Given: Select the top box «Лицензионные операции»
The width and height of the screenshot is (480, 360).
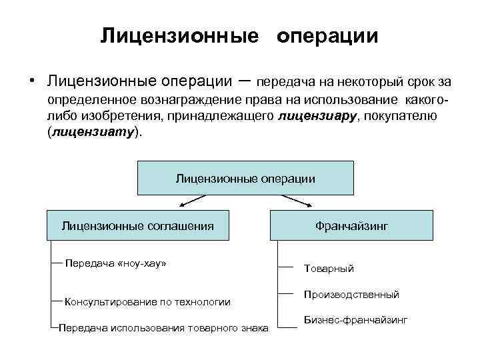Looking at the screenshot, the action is [x=245, y=178].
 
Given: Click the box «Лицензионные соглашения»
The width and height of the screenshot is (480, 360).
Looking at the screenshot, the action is [x=137, y=225].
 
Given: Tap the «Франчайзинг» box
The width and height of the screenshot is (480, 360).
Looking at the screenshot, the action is [x=351, y=225].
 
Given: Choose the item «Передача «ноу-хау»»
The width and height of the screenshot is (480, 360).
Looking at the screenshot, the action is [x=115, y=263].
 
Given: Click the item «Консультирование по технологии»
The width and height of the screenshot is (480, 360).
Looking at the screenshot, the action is [x=147, y=301].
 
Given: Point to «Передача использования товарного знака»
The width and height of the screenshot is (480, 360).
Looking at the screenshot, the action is [x=163, y=327].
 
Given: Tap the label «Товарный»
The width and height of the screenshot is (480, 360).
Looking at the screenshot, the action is [x=329, y=268].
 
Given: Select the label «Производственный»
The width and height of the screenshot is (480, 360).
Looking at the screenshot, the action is [x=351, y=294].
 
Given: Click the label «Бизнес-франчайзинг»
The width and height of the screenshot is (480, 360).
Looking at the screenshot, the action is [x=355, y=320].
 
